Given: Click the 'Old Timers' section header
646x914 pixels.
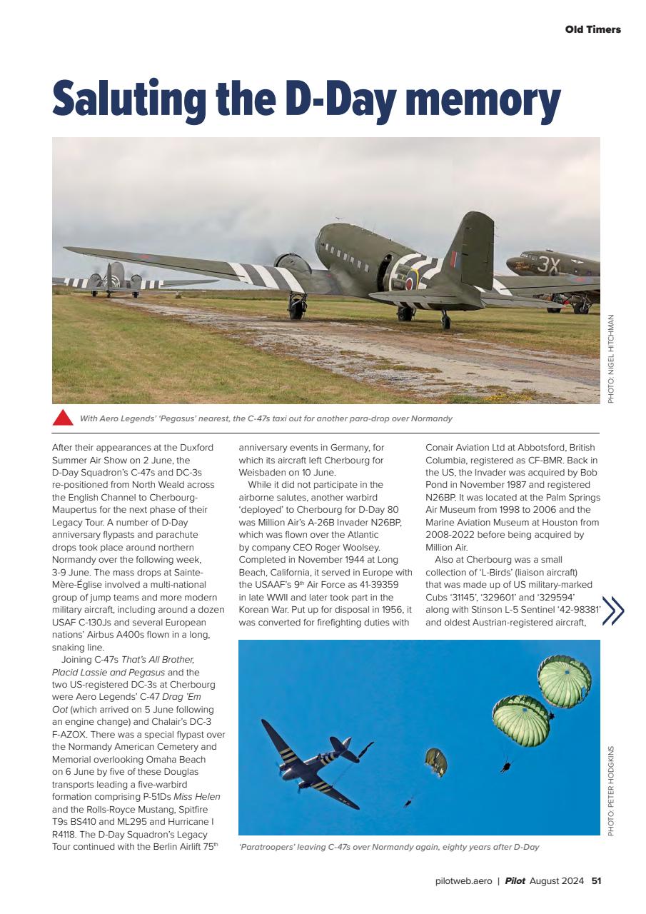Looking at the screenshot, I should click(x=592, y=29).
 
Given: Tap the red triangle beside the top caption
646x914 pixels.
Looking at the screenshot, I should click(x=63, y=418).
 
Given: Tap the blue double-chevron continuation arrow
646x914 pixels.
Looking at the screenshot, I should click(x=613, y=611).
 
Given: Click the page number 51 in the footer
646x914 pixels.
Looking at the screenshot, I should click(x=596, y=880).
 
